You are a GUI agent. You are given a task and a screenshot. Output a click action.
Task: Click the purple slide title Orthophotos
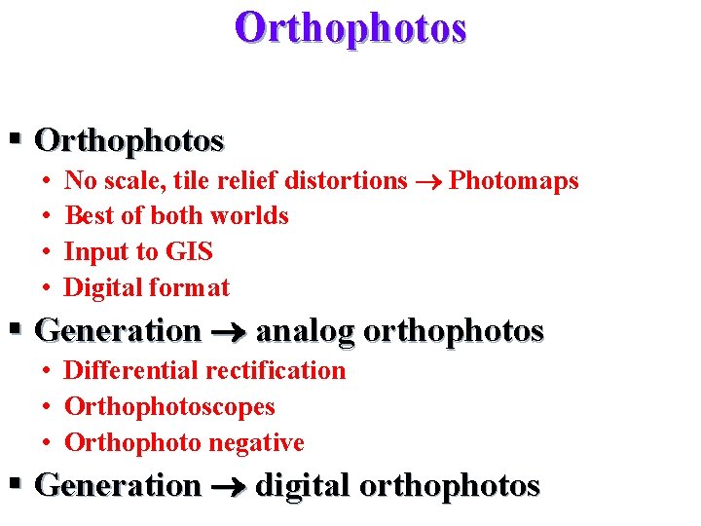pyautogui.click(x=350, y=28)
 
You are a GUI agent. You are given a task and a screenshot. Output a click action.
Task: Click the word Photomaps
pyautogui.click(x=514, y=181)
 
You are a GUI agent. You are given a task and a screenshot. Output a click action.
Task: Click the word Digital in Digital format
pyautogui.click(x=101, y=288)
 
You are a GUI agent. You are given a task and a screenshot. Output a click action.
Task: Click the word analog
pyautogui.click(x=305, y=332)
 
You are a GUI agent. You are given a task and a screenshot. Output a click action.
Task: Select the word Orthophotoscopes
pyautogui.click(x=169, y=407)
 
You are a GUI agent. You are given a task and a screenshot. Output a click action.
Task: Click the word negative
pyautogui.click(x=257, y=443)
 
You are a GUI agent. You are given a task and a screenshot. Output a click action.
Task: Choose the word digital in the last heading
pyautogui.click(x=304, y=485)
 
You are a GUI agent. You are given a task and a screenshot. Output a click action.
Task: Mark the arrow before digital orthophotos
pyautogui.click(x=228, y=486)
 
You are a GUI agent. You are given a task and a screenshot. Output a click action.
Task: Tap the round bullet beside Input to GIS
pyautogui.click(x=48, y=252)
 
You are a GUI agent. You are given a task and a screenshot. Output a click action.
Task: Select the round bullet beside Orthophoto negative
pyautogui.click(x=48, y=443)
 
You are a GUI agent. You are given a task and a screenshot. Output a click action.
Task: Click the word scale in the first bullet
pyautogui.click(x=125, y=181)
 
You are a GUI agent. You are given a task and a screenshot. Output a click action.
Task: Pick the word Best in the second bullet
pyautogui.click(x=87, y=216)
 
